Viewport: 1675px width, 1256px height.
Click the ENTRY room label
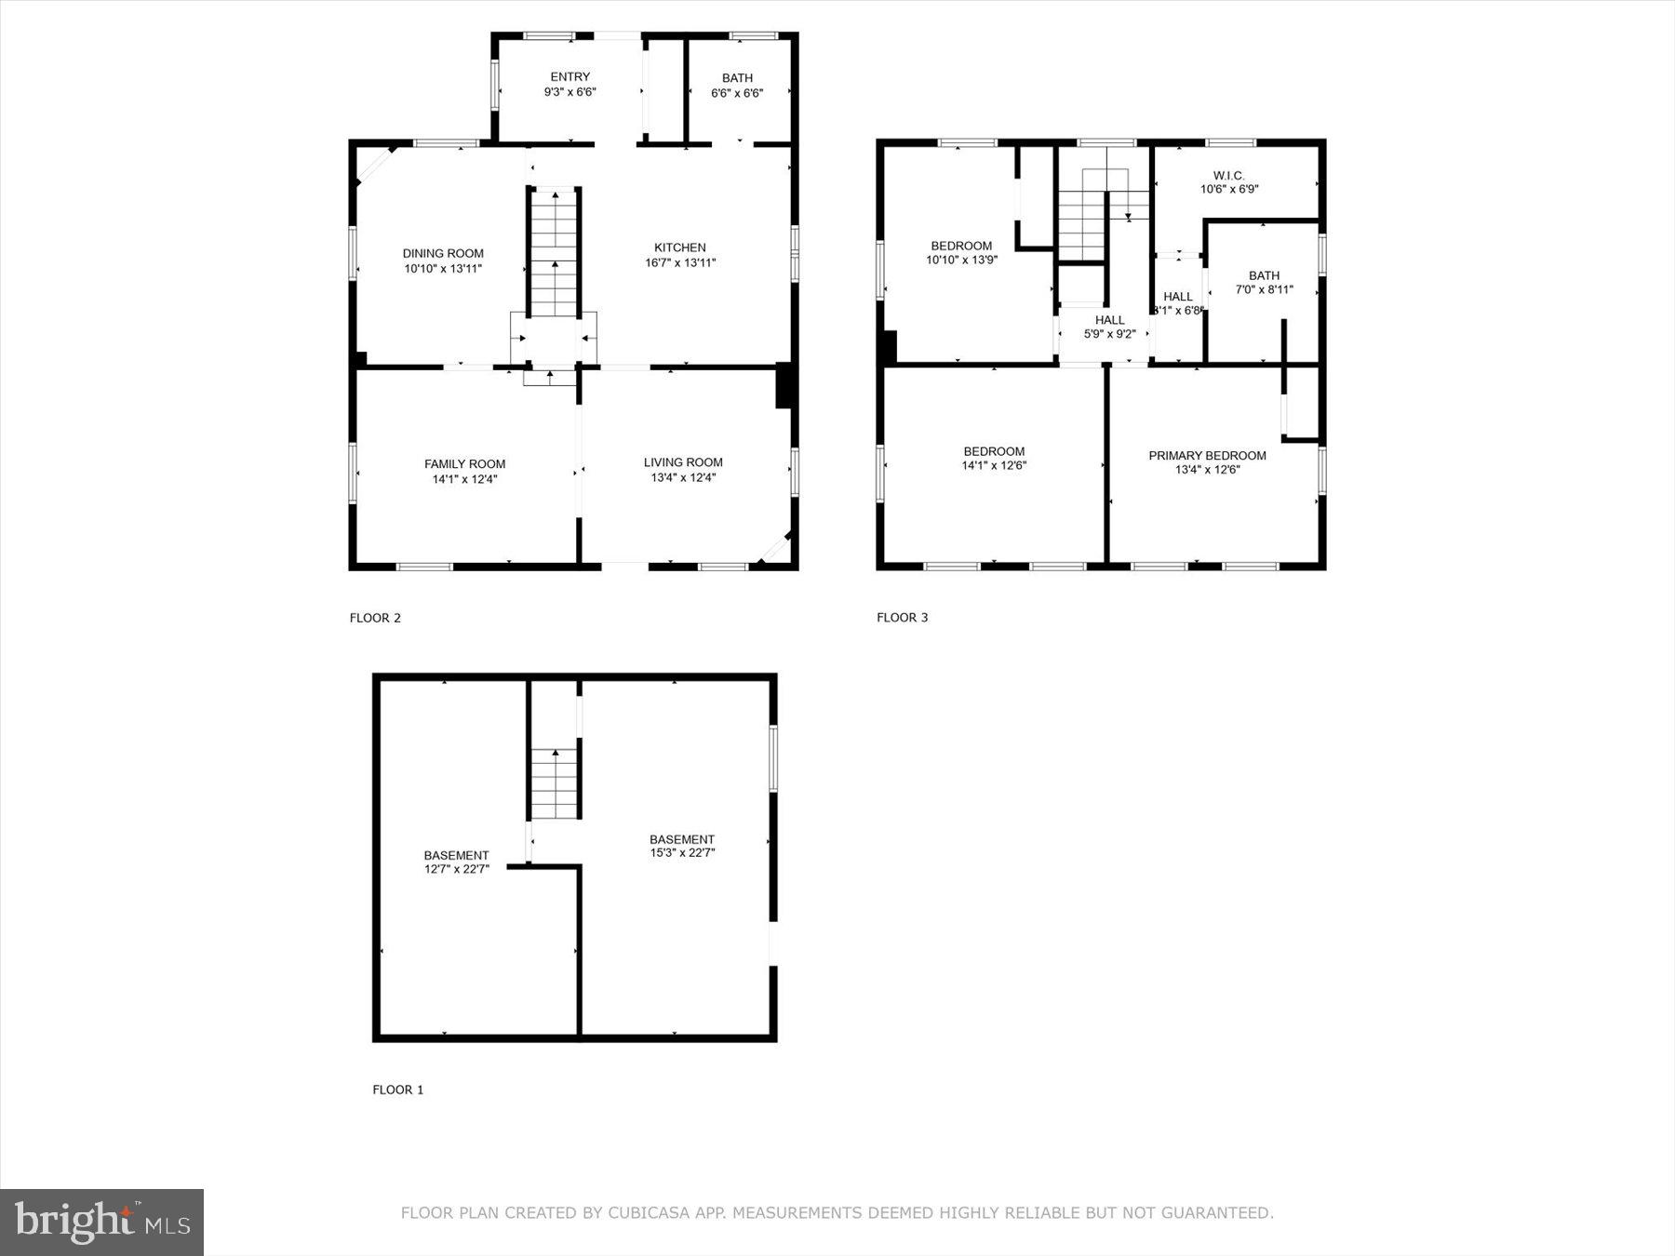tap(569, 77)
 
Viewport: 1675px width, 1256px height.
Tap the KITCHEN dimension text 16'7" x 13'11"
tap(680, 263)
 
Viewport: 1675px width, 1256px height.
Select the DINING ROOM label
tap(443, 253)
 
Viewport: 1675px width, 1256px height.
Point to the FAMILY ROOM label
tap(464, 464)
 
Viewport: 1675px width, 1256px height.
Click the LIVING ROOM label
tap(683, 462)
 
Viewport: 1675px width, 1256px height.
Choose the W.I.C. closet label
tap(1228, 175)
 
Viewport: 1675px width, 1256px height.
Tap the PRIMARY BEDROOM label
tap(1207, 456)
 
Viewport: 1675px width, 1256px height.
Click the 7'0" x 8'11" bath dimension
tap(1264, 289)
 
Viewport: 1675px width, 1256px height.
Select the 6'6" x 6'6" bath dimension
tap(737, 93)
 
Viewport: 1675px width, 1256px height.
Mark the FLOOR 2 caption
tap(375, 618)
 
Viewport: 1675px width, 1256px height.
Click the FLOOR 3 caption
tap(902, 618)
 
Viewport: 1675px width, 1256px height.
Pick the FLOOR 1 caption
tap(397, 1089)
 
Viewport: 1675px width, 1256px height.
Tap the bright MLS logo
tap(101, 1222)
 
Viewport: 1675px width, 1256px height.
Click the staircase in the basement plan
tap(556, 783)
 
